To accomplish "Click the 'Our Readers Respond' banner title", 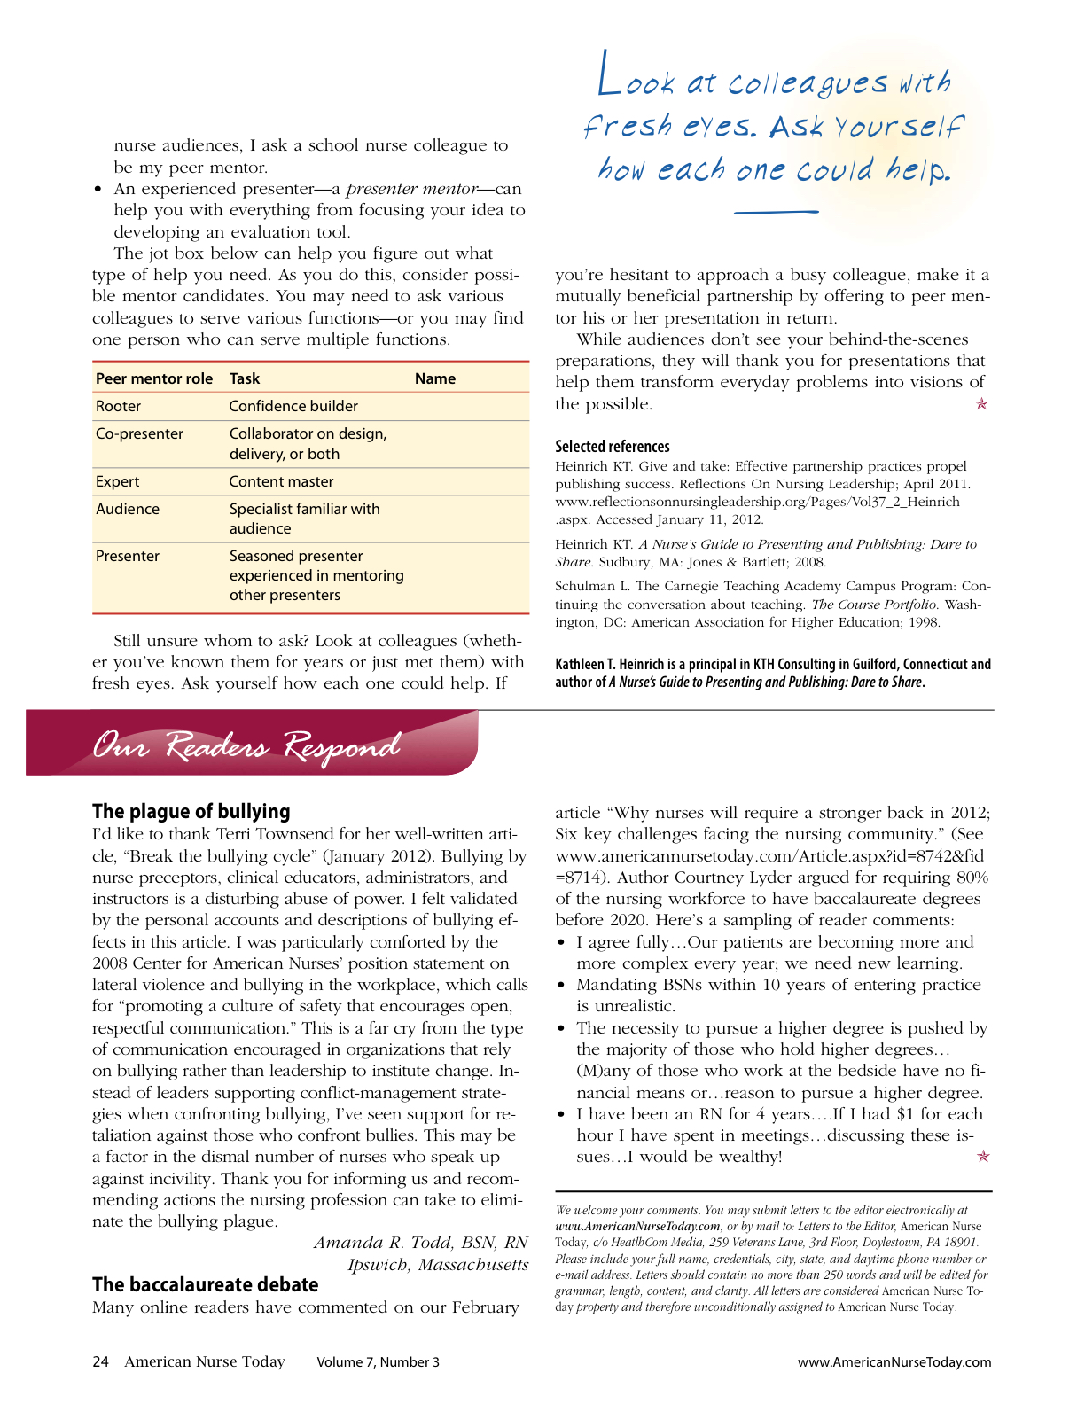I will coord(246,746).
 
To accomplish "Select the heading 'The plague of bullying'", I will coord(191,811).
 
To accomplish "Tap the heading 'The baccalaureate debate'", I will coord(205,1284).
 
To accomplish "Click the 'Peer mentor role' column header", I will coord(154,378).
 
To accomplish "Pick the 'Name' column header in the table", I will coord(434,378).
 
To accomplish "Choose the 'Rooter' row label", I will coord(118,406).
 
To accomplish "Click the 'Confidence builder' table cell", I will coord(293,406).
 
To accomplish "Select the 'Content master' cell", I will coord(281,481).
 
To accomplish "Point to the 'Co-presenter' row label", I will coord(139,433).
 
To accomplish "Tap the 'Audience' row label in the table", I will coord(128,509).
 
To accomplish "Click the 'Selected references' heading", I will coord(613,447).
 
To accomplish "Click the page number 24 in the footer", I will coord(100,1361).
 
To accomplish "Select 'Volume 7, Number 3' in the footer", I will coord(378,1362).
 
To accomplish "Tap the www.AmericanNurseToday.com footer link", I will coord(894,1362).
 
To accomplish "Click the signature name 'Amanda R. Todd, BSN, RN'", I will coord(420,1243).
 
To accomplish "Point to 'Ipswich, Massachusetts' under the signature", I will coord(438,1265).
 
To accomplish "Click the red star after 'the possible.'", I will coord(981,404).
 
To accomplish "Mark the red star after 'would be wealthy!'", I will coord(982,1157).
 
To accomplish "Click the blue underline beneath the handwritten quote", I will coord(776,212).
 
